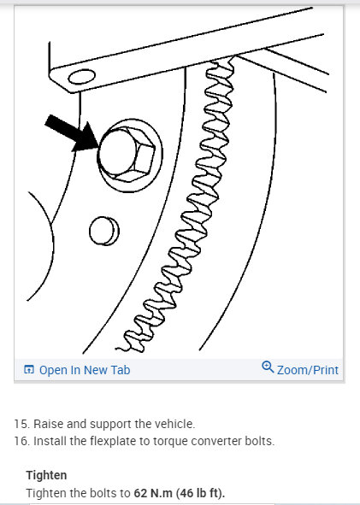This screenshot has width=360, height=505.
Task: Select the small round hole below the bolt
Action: (x=103, y=228)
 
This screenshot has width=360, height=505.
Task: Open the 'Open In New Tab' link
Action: (x=84, y=370)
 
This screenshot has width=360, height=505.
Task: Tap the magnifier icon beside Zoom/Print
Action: (x=268, y=368)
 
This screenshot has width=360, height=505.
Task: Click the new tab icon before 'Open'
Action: (x=29, y=370)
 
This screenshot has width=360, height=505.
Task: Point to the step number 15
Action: (x=20, y=424)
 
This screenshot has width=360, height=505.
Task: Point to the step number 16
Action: (x=20, y=441)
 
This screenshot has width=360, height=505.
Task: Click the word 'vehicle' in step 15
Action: (x=174, y=424)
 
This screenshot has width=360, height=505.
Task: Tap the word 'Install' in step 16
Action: (x=50, y=441)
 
